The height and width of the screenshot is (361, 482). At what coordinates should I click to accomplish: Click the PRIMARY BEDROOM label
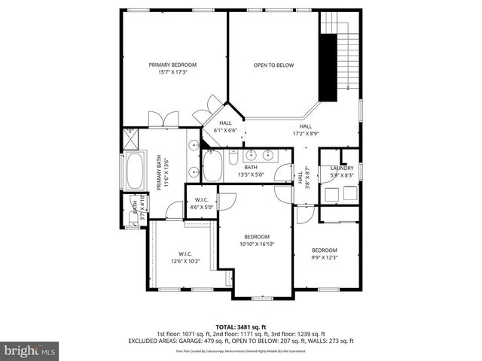172,65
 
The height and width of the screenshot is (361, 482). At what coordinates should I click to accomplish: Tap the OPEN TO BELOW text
273,65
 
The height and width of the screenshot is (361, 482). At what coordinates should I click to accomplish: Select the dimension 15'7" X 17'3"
172,73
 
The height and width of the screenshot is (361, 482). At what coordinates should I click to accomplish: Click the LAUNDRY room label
341,168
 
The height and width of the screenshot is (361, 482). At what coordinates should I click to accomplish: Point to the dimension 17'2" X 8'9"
305,134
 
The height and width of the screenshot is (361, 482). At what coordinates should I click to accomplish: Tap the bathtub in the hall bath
212,165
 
